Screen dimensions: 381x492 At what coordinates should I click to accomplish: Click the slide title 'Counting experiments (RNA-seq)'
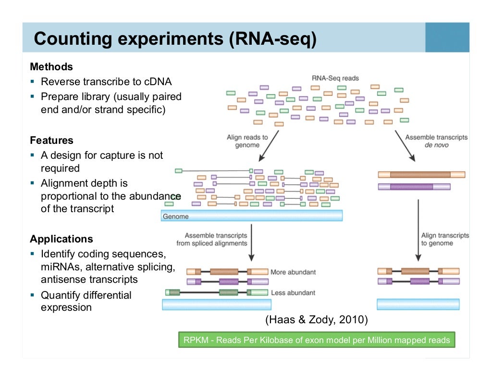point(175,38)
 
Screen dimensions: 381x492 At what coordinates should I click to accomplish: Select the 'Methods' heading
point(51,67)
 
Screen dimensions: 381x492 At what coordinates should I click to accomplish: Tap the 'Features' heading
point(51,140)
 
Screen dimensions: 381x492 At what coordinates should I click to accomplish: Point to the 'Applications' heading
point(61,239)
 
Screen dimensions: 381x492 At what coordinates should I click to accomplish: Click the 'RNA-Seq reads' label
point(335,78)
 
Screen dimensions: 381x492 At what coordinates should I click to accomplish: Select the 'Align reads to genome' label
point(247,141)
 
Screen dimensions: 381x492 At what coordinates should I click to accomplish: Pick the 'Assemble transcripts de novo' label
point(436,141)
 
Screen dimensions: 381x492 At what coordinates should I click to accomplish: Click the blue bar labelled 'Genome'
point(252,216)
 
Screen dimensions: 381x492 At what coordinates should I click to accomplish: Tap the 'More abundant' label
point(293,272)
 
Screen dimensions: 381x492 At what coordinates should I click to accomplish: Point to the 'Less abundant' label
point(293,292)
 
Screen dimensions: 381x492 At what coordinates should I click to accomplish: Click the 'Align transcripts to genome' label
point(444,239)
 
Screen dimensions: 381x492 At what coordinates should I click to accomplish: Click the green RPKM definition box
point(317,340)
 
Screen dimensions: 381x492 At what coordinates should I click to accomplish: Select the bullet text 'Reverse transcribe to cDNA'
point(106,82)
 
